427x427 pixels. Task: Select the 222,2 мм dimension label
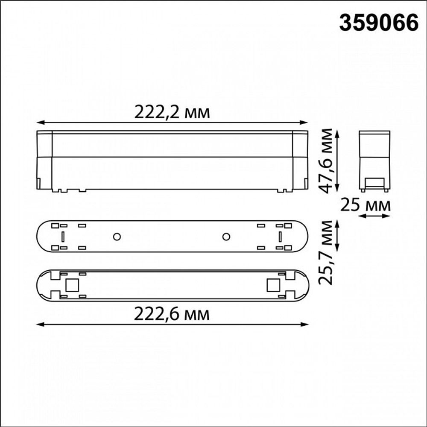172,112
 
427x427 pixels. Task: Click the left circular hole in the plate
116,237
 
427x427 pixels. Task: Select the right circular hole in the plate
226,237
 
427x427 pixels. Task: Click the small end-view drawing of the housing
374,160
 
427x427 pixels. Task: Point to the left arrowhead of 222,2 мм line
40,123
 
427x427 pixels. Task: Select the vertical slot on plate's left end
63,237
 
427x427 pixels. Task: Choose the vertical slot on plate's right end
280,237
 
